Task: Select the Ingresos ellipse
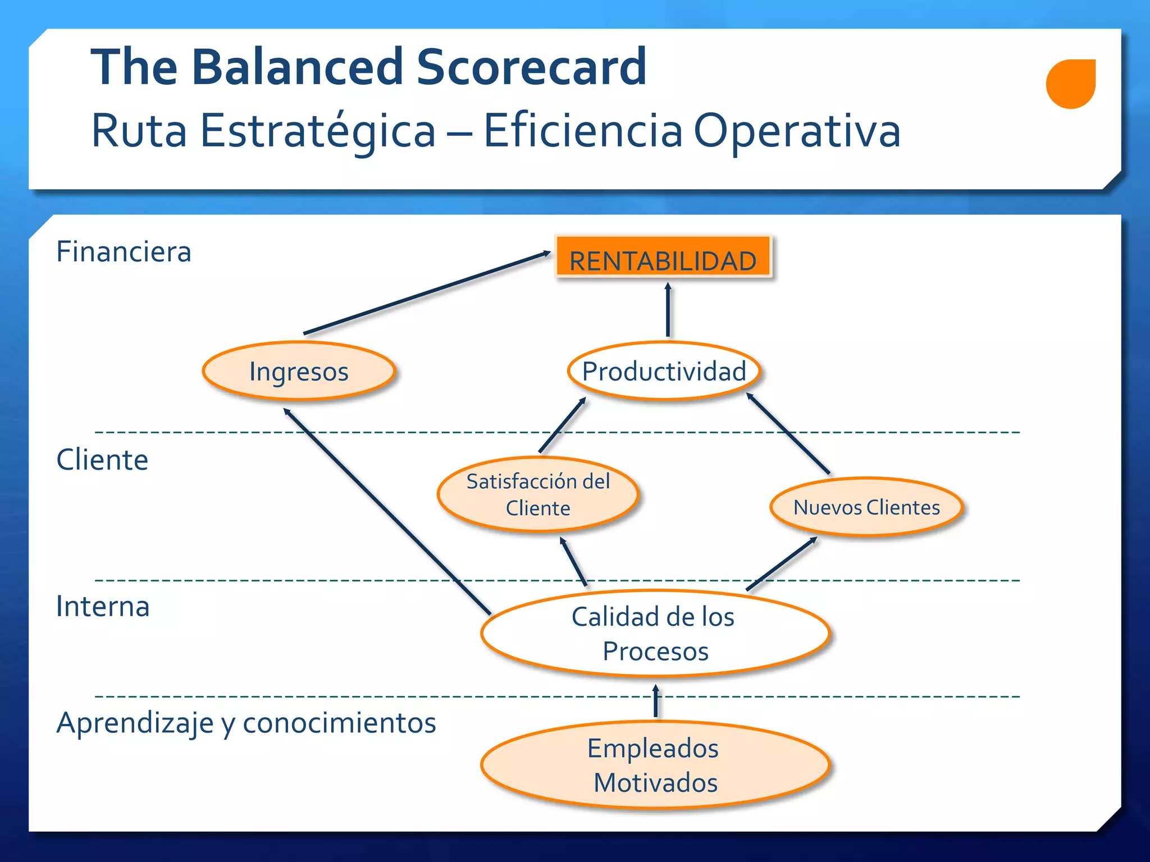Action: coord(299,371)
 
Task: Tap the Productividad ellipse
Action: coord(664,371)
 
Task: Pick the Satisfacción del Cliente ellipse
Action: coord(538,494)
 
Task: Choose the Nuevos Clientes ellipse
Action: coord(866,507)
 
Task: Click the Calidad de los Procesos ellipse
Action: coord(655,633)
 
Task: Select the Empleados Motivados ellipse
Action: coord(655,765)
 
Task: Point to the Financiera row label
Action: coord(124,251)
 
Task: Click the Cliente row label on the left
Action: coord(102,460)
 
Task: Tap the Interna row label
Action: coord(103,607)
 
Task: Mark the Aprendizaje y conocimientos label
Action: coord(246,722)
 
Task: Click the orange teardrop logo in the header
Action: coord(1070,84)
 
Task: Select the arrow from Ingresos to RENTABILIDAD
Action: coord(427,293)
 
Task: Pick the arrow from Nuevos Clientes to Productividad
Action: coord(788,433)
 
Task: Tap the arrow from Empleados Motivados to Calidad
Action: coord(655,701)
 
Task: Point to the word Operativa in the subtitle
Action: coord(797,131)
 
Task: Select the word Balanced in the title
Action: coord(298,67)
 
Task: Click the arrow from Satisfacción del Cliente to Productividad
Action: coord(562,425)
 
